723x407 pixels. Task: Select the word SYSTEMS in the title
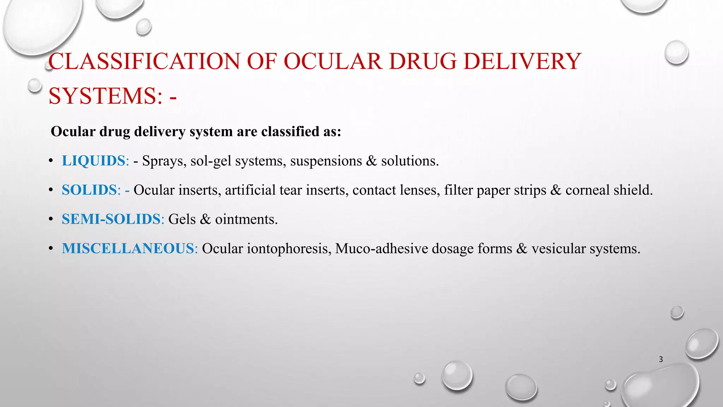click(x=102, y=96)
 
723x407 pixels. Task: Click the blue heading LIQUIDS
click(x=94, y=161)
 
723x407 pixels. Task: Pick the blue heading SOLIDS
click(x=89, y=190)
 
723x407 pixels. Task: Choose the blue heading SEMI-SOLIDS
click(x=111, y=219)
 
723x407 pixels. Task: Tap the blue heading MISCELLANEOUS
click(x=128, y=249)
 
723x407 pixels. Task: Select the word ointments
click(x=246, y=219)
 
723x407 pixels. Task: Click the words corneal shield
click(x=609, y=190)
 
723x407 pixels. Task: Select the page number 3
click(x=661, y=360)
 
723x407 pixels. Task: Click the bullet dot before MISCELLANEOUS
click(x=51, y=249)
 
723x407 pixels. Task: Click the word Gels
click(x=182, y=219)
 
